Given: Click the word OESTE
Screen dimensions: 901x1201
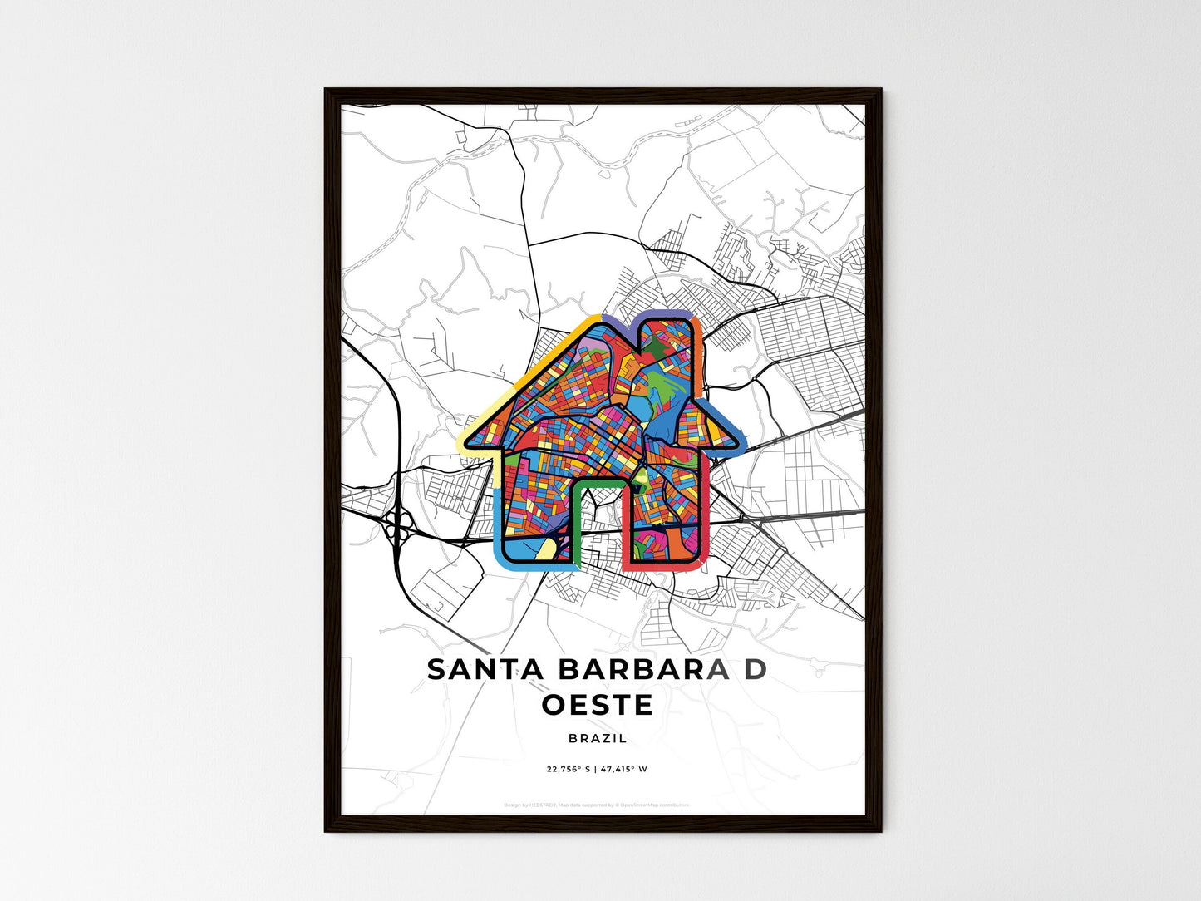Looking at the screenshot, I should click(x=598, y=705).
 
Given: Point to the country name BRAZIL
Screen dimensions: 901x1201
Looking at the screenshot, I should click(x=598, y=738).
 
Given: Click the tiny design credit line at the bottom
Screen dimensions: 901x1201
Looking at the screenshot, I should click(x=597, y=805).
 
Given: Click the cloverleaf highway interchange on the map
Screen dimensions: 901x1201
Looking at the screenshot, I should click(x=399, y=524).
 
